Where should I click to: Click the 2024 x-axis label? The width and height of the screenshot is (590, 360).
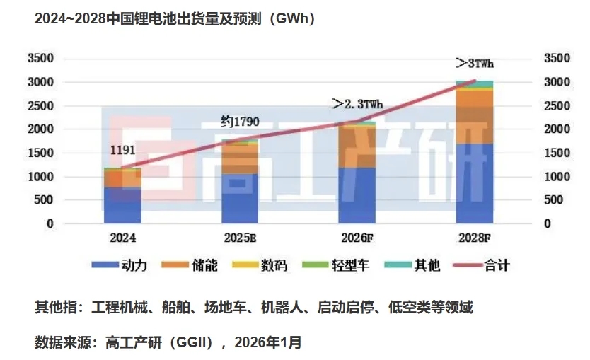(122, 238)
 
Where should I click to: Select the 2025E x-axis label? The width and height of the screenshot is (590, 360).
(240, 238)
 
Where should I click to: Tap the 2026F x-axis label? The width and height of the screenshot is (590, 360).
(357, 238)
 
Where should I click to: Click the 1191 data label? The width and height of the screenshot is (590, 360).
(122, 150)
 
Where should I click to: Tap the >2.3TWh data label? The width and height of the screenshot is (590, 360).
(357, 104)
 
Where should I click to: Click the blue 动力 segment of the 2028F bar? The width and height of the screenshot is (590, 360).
(475, 184)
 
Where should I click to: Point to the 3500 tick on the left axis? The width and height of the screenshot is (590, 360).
(40, 58)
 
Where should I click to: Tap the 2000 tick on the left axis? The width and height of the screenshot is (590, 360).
(40, 129)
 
